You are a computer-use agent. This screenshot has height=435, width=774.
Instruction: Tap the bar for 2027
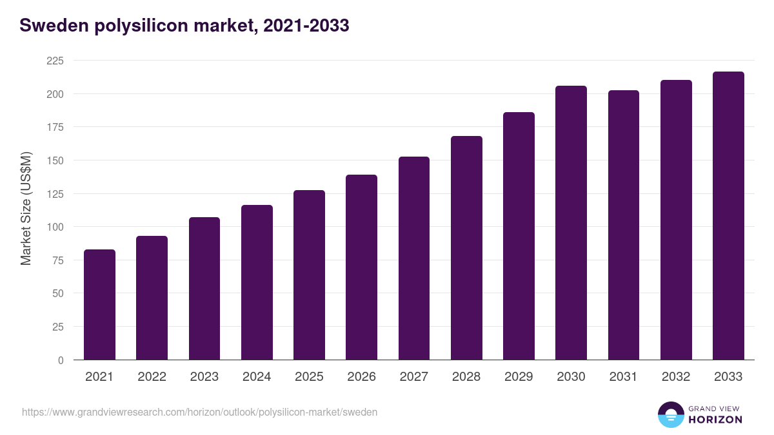pyautogui.click(x=414, y=258)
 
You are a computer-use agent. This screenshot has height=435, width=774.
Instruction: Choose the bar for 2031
pyautogui.click(x=624, y=225)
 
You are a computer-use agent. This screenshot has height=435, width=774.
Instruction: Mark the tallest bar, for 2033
pyautogui.click(x=728, y=215)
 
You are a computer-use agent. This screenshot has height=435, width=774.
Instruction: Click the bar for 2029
pyautogui.click(x=519, y=236)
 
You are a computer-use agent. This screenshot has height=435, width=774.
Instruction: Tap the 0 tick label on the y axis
pyautogui.click(x=61, y=360)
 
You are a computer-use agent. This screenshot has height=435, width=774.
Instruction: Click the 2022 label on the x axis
pyautogui.click(x=152, y=377)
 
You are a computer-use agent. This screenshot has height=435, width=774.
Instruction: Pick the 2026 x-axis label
pyautogui.click(x=361, y=377)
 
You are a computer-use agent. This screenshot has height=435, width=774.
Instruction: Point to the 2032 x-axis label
pyautogui.click(x=676, y=377)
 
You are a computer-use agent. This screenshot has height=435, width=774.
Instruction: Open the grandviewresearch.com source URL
pyautogui.click(x=199, y=412)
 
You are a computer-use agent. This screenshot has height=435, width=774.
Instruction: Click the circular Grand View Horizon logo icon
pyautogui.click(x=670, y=415)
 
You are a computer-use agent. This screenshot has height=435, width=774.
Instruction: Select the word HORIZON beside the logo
pyautogui.click(x=715, y=420)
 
